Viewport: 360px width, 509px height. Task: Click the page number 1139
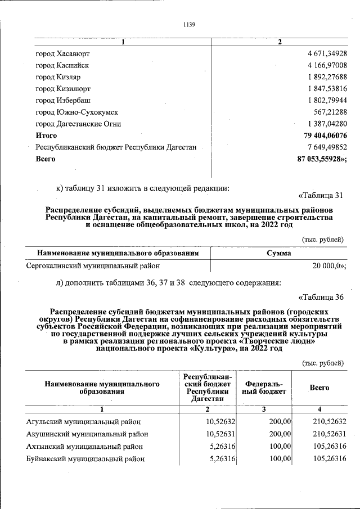189,24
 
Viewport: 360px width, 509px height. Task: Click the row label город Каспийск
62,65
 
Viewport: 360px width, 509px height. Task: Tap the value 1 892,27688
327,77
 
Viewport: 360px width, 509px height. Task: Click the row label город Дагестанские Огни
78,124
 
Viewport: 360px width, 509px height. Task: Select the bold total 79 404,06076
325,136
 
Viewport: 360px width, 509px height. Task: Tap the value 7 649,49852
327,147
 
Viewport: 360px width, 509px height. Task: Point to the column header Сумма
278,253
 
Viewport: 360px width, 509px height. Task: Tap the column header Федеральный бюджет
264,388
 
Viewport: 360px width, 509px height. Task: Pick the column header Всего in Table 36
319,388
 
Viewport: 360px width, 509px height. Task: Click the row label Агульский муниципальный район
83,421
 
